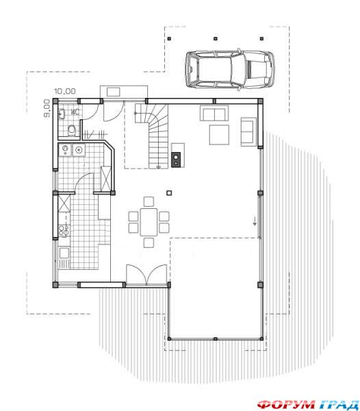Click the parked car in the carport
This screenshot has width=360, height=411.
[230, 69]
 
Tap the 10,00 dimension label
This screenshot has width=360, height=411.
[65, 91]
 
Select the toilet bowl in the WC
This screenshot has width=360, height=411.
[72, 130]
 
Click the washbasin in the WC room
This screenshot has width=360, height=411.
[62, 114]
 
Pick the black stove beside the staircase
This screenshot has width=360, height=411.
[176, 160]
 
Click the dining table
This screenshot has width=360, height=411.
[149, 222]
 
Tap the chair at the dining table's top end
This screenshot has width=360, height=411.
[149, 201]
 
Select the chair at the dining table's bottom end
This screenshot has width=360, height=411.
[149, 242]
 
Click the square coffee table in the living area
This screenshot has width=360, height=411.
[219, 135]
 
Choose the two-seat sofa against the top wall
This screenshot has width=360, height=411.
[214, 113]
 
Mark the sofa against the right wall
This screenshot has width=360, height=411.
[248, 132]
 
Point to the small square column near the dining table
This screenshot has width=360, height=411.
[169, 193]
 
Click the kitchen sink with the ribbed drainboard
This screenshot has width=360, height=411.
[64, 258]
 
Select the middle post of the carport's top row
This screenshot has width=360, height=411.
[215, 38]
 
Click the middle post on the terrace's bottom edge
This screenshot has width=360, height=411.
[215, 338]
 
